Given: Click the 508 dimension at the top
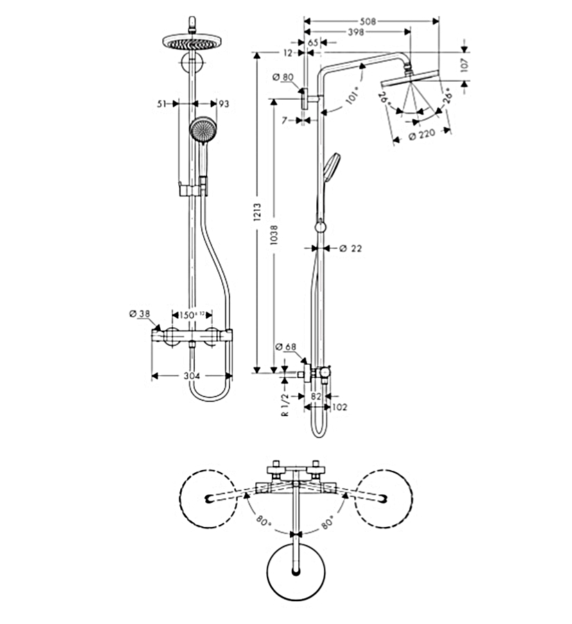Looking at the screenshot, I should [x=368, y=21].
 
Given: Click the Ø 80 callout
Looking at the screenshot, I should [x=284, y=77].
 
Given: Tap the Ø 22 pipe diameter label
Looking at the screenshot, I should [x=351, y=248].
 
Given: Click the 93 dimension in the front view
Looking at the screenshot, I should [x=223, y=104].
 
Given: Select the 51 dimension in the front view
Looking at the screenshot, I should [x=163, y=104].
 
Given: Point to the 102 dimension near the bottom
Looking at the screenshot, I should [x=340, y=406].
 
